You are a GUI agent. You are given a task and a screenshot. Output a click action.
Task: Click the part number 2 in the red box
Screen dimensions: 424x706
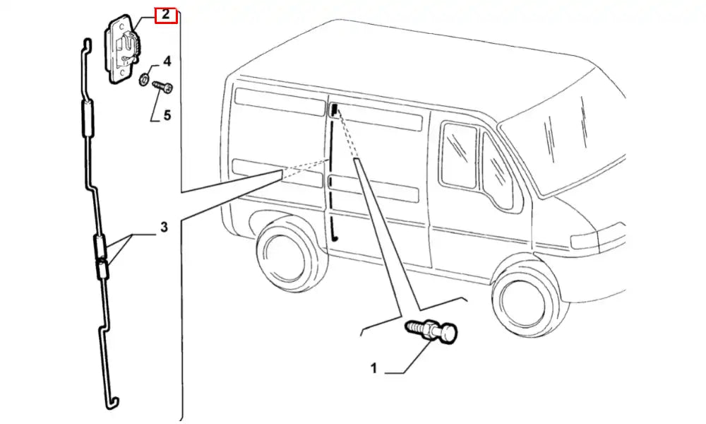(165, 14)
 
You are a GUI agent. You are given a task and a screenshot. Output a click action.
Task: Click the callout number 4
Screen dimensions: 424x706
(167, 60)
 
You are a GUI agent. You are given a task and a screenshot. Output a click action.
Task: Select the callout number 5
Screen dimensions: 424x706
(167, 114)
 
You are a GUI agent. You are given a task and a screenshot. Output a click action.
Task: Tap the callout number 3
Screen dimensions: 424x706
(163, 228)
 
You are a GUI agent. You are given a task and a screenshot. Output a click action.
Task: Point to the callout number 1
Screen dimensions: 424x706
(373, 367)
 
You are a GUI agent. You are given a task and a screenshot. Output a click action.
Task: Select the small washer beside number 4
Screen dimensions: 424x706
(144, 78)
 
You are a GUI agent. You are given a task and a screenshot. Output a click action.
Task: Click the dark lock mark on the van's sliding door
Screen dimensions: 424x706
(334, 109)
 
